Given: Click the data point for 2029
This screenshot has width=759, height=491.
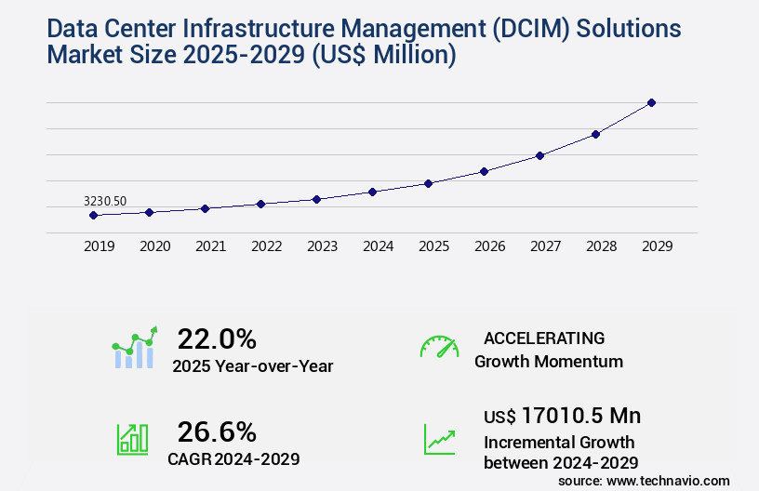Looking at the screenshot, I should (651, 102).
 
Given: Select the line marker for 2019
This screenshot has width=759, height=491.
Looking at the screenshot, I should (93, 215).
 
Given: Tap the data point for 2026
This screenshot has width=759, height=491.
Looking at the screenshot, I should (484, 171).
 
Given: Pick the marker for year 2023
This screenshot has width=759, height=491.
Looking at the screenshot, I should (316, 199).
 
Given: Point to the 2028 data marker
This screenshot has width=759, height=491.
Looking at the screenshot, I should (595, 134).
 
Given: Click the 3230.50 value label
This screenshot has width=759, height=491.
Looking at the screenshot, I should (105, 201).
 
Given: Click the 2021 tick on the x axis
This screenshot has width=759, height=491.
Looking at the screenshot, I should (210, 246).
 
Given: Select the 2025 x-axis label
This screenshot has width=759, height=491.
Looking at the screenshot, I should (433, 246).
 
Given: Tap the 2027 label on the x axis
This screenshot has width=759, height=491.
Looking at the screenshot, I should (545, 246).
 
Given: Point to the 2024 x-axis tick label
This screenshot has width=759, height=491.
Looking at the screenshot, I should (378, 246).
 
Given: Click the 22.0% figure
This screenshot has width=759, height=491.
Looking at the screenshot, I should (217, 338).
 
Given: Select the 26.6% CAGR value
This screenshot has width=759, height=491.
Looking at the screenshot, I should (217, 431).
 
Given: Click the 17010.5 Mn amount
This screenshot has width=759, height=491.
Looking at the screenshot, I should (580, 416).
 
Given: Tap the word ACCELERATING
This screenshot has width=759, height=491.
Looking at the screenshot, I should (544, 338).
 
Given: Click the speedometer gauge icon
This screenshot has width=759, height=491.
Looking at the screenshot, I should (439, 347).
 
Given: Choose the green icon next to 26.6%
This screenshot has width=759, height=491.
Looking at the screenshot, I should (132, 438).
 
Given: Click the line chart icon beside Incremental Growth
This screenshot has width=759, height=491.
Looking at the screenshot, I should (439, 438).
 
